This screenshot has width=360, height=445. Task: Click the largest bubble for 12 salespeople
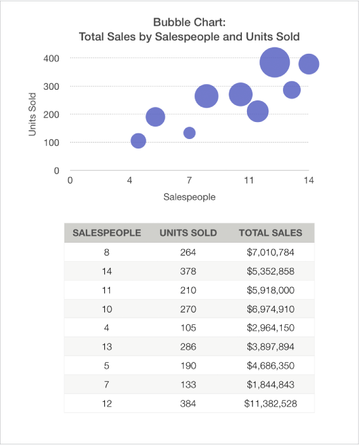click(274, 62)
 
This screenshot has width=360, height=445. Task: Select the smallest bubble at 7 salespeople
click(189, 133)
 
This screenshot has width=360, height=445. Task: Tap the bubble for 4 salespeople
click(138, 141)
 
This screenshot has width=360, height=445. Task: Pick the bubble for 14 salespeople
click(308, 64)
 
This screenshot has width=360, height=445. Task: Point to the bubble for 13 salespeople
click(291, 90)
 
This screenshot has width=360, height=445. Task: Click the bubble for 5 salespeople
click(155, 117)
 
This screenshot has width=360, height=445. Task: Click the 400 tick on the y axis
click(52, 58)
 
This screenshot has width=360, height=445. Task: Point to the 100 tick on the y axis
click(52, 142)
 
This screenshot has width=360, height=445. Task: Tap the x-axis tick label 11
click(249, 181)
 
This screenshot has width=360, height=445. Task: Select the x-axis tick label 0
click(69, 181)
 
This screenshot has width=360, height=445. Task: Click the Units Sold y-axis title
click(32, 114)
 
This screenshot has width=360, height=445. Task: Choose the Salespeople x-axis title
click(189, 197)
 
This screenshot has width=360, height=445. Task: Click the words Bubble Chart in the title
click(189, 22)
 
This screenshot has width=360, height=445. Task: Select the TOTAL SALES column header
click(270, 233)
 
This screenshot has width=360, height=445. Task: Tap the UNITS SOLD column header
click(188, 233)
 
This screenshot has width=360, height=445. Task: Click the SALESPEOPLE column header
click(107, 233)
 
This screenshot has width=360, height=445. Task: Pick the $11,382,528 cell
click(270, 403)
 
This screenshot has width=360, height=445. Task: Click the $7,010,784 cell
click(270, 252)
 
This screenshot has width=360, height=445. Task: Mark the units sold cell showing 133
click(188, 384)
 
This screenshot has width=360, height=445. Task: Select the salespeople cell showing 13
click(107, 346)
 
